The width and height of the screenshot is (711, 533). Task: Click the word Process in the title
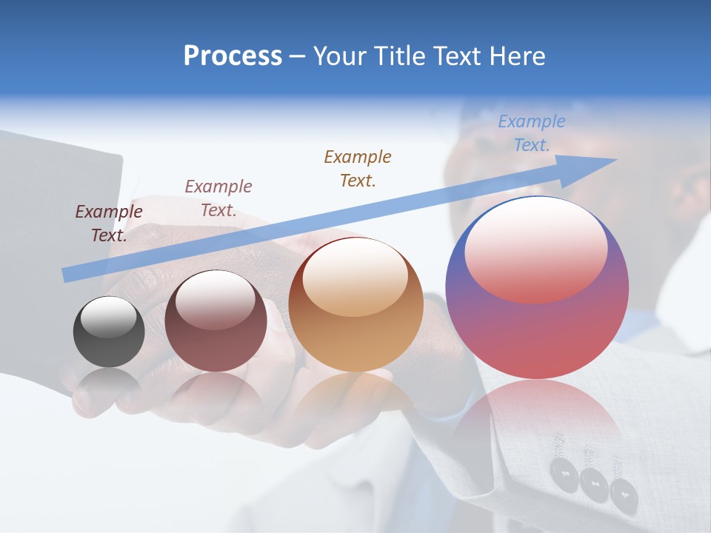[233, 56]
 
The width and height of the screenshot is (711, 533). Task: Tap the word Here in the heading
[515, 56]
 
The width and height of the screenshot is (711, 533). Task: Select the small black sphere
[109, 332]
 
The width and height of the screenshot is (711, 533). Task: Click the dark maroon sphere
[216, 321]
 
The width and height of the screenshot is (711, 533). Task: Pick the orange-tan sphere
[356, 305]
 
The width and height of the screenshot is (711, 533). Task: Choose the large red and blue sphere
[537, 289]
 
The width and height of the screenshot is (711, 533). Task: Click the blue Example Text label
[531, 133]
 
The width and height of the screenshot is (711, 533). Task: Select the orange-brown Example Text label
[358, 168]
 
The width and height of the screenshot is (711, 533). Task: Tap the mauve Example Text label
[218, 198]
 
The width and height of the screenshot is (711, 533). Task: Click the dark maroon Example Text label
[109, 224]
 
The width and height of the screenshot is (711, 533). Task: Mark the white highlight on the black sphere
[109, 317]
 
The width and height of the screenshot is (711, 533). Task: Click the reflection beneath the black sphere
[109, 385]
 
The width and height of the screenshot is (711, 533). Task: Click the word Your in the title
[341, 56]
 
